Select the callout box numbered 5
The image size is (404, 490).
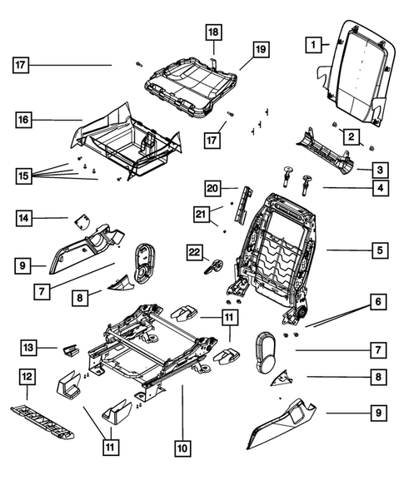point(379,249)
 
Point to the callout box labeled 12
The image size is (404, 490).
point(27,379)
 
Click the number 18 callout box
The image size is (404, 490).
point(214,32)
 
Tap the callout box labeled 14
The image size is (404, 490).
point(27,218)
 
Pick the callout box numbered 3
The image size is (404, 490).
point(379,170)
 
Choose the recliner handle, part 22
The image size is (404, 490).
point(212,268)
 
